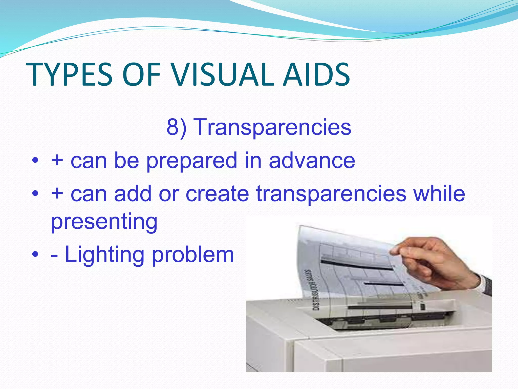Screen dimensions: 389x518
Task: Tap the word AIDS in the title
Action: pos(316,75)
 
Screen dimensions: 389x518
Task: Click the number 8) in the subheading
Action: pos(176,127)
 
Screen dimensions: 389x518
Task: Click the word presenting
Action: pos(104,222)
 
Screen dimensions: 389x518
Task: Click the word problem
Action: pos(193,255)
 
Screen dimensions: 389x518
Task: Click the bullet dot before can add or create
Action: pos(35,194)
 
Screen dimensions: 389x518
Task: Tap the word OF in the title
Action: pos(142,75)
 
